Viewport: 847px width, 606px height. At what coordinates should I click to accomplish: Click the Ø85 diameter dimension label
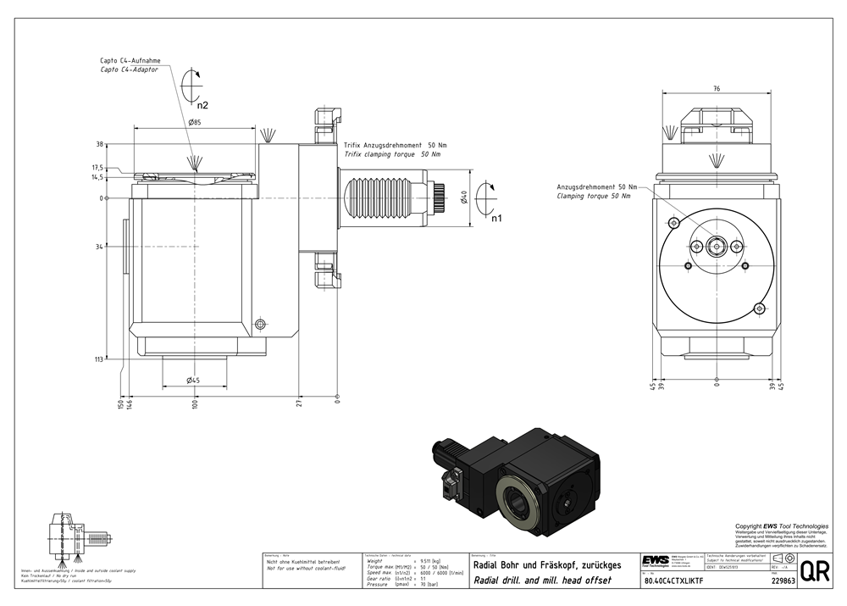(194, 123)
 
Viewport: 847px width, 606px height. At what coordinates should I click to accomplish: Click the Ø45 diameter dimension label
(193, 380)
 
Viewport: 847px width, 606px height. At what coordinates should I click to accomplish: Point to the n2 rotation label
(202, 106)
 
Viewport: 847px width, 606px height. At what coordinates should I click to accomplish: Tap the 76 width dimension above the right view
(717, 88)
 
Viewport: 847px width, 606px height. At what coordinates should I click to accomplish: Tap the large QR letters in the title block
(814, 570)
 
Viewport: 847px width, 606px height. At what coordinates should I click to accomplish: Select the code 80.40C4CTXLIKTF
(674, 581)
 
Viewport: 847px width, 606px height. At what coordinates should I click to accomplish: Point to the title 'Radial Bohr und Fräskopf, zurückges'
(547, 565)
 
